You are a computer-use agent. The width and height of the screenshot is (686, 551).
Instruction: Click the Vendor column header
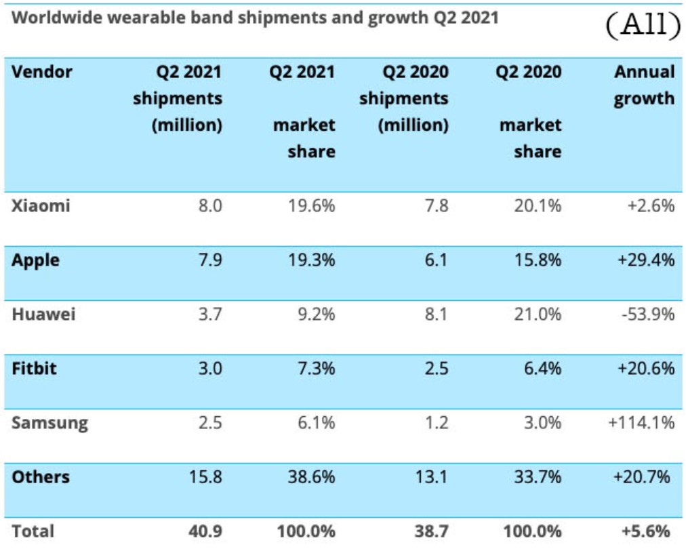pos(42,72)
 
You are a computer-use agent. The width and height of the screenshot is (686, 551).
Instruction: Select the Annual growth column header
pos(644,85)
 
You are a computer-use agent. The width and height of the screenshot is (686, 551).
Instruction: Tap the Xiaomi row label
pos(41,205)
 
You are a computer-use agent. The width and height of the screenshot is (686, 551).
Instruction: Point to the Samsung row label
pos(49,423)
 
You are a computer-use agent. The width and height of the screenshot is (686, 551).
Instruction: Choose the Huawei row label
pos(43,314)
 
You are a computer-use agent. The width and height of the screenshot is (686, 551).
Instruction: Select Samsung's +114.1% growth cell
pos(641,423)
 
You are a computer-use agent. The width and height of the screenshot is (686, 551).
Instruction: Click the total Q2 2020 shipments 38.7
pos(431,531)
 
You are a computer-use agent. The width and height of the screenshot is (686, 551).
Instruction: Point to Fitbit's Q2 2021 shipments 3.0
pos(210,369)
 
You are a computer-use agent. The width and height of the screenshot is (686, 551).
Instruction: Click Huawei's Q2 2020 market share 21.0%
pos(538,314)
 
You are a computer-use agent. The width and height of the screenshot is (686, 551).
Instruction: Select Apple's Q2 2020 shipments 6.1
pos(436,260)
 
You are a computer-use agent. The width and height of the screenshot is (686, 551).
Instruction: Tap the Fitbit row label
pos(34,369)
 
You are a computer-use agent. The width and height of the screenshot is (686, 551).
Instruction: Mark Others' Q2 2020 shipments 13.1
pos(432,477)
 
